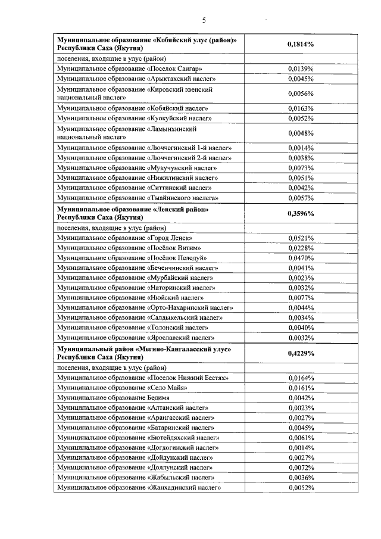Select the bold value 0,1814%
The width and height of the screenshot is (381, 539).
pyautogui.click(x=301, y=44)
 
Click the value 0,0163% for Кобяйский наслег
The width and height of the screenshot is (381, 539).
pyautogui.click(x=301, y=108)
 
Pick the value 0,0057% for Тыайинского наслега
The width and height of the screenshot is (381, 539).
pyautogui.click(x=301, y=198)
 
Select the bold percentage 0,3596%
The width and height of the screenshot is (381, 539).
pyautogui.click(x=301, y=214)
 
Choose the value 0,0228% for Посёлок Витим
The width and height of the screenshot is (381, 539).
pyautogui.click(x=301, y=248)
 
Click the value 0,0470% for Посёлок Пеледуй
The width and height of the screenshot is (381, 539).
pyautogui.click(x=301, y=258)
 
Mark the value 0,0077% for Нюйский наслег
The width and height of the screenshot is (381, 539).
pyautogui.click(x=301, y=298)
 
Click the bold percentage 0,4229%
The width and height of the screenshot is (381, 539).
pyautogui.click(x=301, y=353)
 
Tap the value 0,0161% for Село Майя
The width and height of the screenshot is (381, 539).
pyautogui.click(x=301, y=388)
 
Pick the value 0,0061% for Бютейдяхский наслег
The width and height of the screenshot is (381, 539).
pyautogui.click(x=301, y=438)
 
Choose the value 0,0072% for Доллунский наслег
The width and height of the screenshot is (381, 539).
pyautogui.click(x=301, y=468)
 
